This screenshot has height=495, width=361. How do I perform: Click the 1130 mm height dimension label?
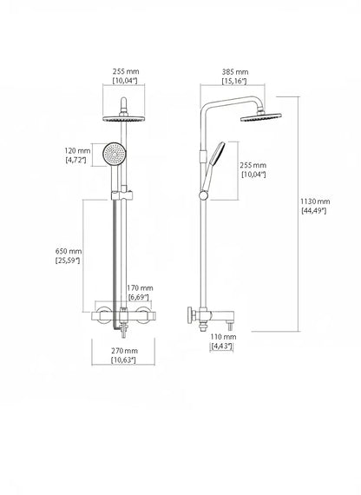pyautogui.click(x=315, y=201)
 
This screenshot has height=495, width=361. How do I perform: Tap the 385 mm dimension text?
pyautogui.click(x=235, y=72)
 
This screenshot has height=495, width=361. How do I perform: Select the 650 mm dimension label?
pyautogui.click(x=69, y=252)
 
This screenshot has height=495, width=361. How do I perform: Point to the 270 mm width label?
pyautogui.click(x=124, y=351)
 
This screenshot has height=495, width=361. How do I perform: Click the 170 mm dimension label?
pyautogui.click(x=140, y=288)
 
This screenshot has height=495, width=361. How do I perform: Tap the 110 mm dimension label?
pyautogui.click(x=223, y=337)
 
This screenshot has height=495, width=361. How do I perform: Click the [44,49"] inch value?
pyautogui.click(x=314, y=211)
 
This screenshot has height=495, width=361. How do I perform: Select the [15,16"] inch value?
pyautogui.click(x=234, y=82)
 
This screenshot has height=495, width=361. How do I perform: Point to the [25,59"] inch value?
pyautogui.click(x=67, y=261)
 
